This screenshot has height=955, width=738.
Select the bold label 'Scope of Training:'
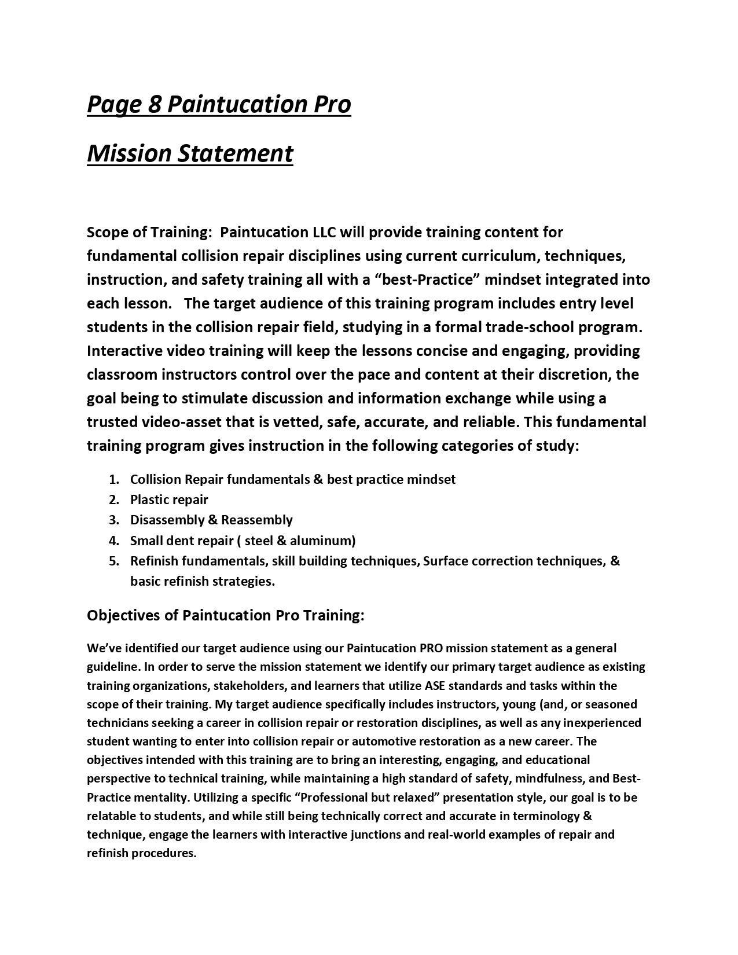coord(148,233)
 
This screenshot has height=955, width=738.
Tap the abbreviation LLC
coord(325,233)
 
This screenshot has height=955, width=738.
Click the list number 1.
coord(113,479)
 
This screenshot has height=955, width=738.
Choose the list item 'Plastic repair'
coord(169,499)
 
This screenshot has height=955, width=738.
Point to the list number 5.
coord(113,561)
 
